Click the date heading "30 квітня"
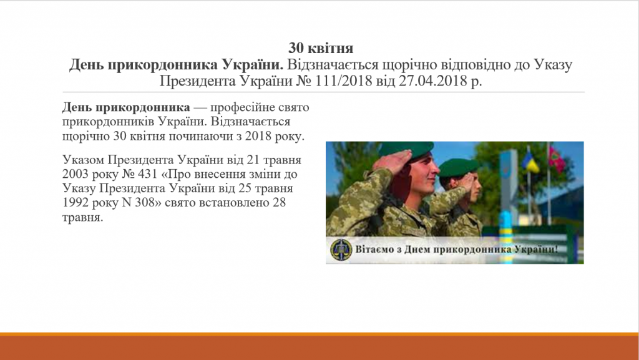pos(321,48)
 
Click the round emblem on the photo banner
pos(341,250)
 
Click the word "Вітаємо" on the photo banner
pos(375,251)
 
